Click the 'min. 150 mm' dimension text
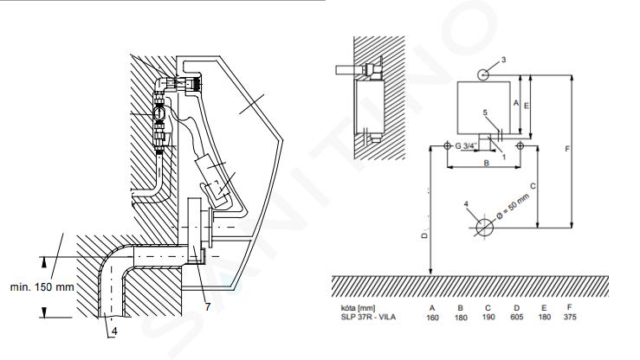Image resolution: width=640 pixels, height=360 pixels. (x=42, y=287)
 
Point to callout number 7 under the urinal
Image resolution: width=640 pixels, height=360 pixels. (x=208, y=306)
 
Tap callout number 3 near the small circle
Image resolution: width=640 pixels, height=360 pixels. (x=503, y=60)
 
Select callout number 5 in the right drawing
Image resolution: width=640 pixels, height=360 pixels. (x=485, y=112)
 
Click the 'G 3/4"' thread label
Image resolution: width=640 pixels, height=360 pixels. (x=466, y=145)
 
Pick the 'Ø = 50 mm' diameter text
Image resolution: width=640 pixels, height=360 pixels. (x=514, y=207)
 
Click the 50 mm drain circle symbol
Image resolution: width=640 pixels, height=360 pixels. (x=484, y=227)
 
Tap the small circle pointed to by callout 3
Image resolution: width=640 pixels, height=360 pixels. (x=483, y=74)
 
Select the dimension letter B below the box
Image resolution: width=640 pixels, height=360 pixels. (x=487, y=163)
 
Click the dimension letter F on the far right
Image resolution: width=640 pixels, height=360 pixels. (x=567, y=149)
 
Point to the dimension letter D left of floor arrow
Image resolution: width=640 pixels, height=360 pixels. (x=424, y=235)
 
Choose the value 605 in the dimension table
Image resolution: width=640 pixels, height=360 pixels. (x=517, y=317)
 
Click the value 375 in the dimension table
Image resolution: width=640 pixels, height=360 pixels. (x=570, y=317)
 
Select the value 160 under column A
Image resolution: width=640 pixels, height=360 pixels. (x=432, y=318)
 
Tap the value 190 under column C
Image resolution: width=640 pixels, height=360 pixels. (x=488, y=317)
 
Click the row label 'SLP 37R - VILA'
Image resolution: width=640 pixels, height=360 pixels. (x=368, y=317)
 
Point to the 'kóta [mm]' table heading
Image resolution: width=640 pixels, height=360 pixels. (x=358, y=308)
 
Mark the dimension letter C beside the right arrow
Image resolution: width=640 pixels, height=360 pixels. (x=533, y=186)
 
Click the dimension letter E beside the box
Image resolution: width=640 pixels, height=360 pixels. (x=527, y=106)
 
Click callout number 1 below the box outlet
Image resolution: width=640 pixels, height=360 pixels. (x=504, y=157)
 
